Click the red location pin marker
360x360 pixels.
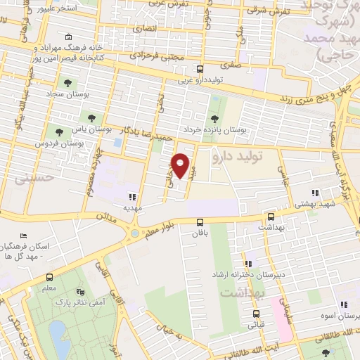coord(181,165)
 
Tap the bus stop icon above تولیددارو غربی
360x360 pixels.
coord(200,70)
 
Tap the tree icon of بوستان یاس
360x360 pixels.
coord(91,116)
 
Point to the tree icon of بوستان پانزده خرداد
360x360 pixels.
coord(214,119)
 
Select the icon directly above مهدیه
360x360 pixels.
coord(132,197)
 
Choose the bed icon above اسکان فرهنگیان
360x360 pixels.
coord(25,237)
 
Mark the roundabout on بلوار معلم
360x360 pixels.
coord(133,234)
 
